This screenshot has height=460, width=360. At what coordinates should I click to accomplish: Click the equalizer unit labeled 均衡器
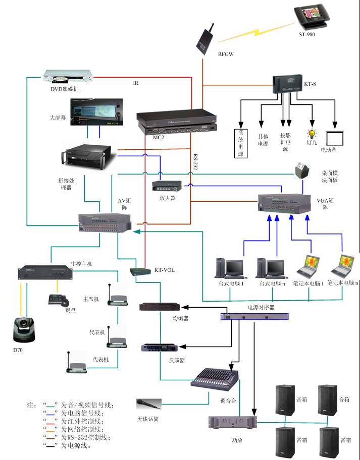[x=160, y=306]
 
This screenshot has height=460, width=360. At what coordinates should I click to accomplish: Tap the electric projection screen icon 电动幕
[x=335, y=138]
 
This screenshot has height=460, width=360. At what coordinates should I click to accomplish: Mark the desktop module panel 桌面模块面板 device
[x=301, y=170]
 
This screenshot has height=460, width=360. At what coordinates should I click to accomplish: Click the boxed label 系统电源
[x=241, y=144]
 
